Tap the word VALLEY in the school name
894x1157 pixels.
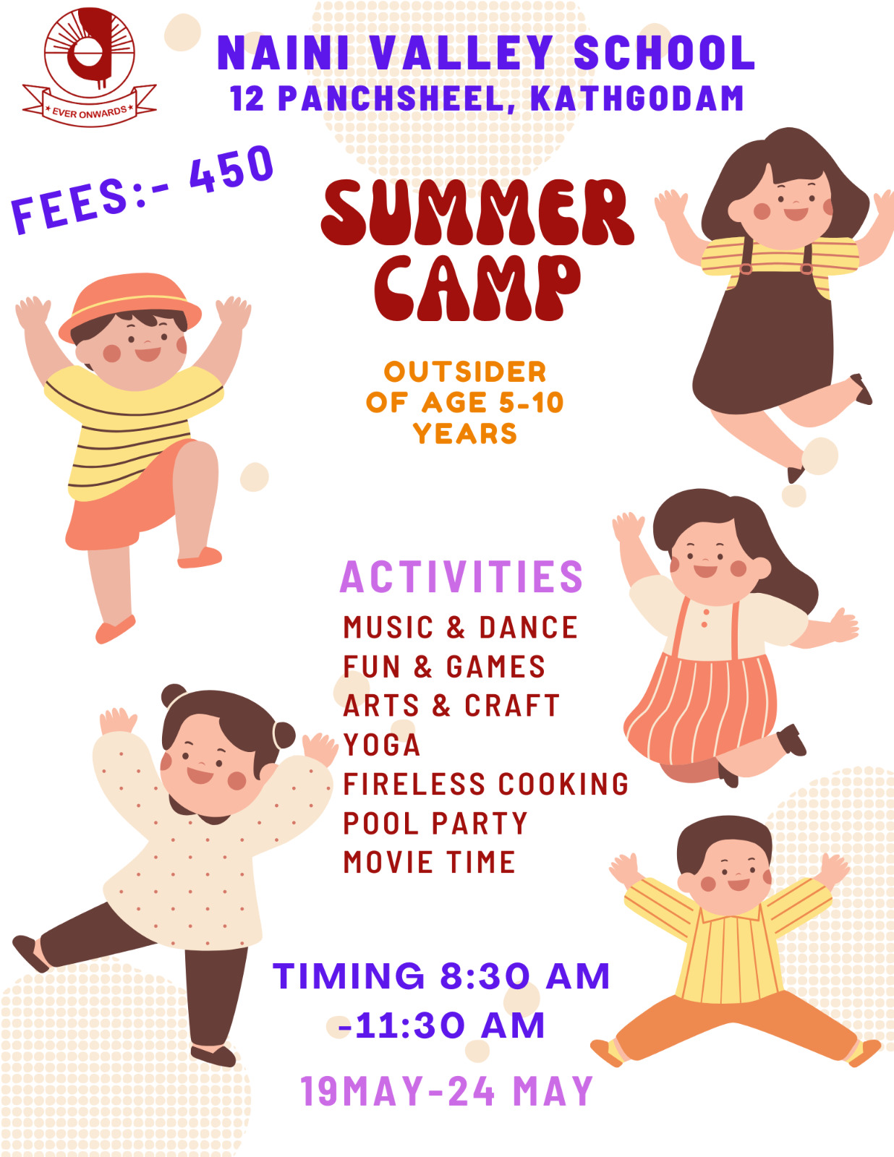click(x=461, y=53)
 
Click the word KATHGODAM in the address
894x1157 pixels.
click(x=637, y=98)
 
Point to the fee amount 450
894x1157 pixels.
click(x=231, y=168)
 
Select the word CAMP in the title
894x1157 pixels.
click(x=477, y=288)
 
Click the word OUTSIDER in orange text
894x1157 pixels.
click(x=465, y=372)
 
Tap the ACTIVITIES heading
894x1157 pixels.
click(x=461, y=576)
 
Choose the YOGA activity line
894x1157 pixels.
click(x=382, y=745)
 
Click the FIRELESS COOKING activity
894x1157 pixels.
click(x=486, y=785)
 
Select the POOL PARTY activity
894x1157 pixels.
click(x=435, y=824)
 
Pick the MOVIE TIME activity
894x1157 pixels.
click(x=429, y=863)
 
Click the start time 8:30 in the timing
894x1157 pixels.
click(x=485, y=976)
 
